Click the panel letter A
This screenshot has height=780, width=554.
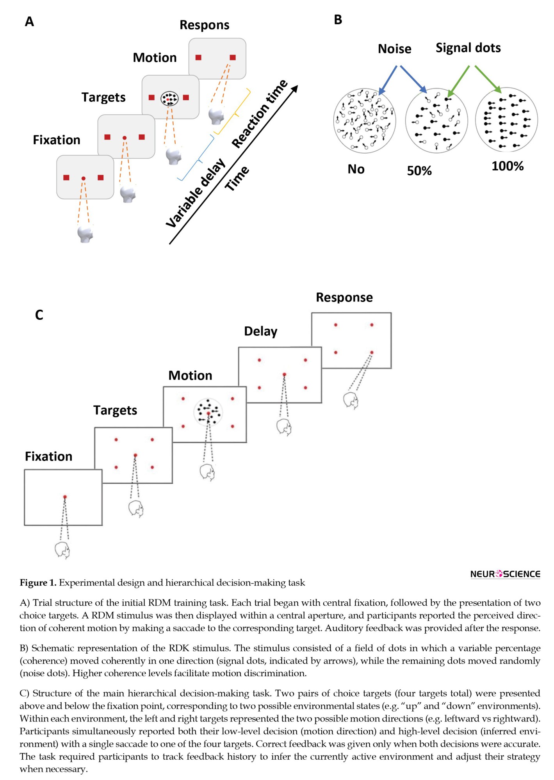(29, 21)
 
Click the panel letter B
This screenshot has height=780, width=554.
(338, 19)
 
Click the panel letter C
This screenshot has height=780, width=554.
(39, 315)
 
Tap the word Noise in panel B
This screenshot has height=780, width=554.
(394, 49)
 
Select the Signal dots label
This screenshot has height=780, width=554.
(468, 48)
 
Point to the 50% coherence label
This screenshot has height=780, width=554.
(419, 171)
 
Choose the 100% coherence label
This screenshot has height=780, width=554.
(508, 166)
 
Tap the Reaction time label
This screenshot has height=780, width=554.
(260, 113)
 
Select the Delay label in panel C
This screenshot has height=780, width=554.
(260, 331)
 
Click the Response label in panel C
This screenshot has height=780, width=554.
(344, 297)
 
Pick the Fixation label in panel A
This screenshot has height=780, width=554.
(57, 140)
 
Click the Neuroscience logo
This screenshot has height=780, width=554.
(505, 574)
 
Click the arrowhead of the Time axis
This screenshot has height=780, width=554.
(295, 89)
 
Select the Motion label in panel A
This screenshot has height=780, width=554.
(155, 58)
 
